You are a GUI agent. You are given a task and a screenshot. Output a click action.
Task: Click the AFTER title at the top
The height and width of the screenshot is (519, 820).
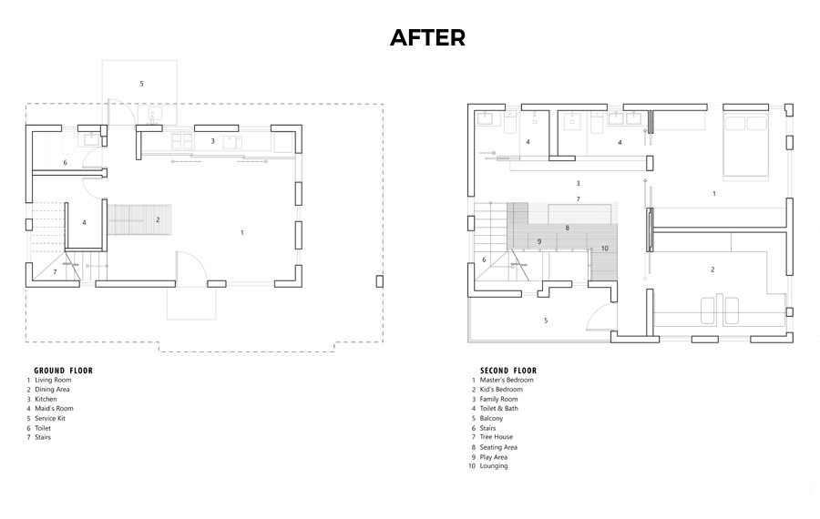(x=428, y=37)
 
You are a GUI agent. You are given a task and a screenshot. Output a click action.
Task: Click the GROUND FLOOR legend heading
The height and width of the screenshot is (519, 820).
(x=63, y=371)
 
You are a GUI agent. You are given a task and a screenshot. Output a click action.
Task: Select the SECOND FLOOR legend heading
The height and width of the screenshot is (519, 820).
(x=508, y=371)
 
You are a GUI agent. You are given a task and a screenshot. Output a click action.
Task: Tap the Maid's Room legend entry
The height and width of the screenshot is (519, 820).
(x=54, y=409)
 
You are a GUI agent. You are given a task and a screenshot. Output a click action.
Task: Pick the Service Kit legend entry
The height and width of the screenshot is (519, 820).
(x=50, y=418)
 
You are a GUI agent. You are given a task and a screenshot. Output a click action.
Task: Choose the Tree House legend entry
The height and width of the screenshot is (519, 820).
(x=497, y=437)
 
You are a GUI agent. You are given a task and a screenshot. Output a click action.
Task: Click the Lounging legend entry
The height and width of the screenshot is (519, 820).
(x=494, y=466)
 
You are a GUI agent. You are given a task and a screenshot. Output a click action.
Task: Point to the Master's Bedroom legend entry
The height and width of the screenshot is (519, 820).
(x=507, y=380)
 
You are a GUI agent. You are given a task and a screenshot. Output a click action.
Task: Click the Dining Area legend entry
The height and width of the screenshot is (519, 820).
(x=52, y=390)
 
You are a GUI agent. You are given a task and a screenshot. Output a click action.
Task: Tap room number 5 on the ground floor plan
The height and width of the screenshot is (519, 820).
(x=141, y=84)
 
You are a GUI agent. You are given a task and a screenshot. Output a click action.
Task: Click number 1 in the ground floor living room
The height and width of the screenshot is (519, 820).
(x=242, y=232)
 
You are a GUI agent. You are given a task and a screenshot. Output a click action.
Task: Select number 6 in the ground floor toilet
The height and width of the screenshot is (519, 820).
(x=66, y=163)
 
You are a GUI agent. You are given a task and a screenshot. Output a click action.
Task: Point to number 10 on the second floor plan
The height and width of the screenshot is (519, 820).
(x=605, y=249)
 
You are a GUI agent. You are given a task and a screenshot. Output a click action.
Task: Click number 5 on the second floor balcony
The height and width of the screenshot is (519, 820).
(x=546, y=321)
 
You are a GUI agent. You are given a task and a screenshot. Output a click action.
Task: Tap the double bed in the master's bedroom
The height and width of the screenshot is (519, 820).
(x=745, y=147)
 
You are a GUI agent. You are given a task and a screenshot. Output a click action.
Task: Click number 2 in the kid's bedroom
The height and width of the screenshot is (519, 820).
(x=712, y=270)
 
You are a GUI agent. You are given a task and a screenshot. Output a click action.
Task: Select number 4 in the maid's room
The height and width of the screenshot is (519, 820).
(x=84, y=223)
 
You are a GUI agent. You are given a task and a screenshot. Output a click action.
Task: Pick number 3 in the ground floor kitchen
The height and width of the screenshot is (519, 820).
(x=213, y=141)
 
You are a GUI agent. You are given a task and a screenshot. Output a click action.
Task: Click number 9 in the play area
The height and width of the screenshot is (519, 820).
(x=539, y=241)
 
